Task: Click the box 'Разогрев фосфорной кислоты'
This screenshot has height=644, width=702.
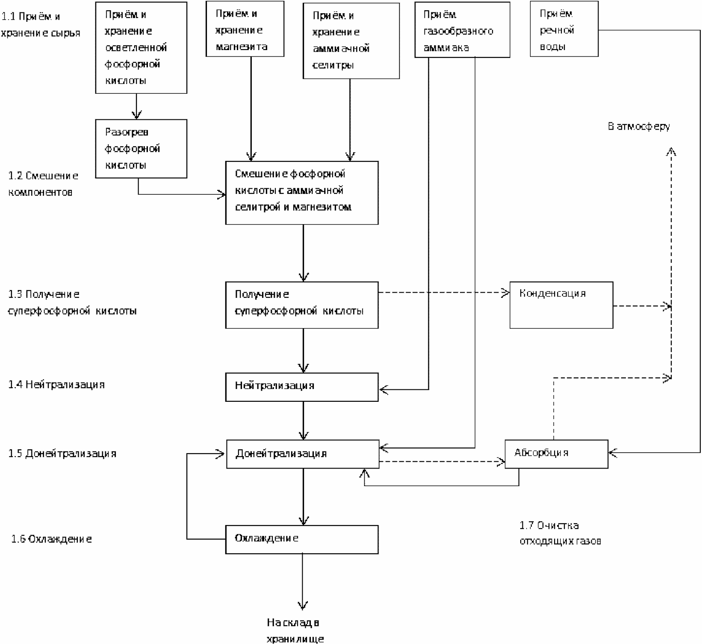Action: (x=141, y=148)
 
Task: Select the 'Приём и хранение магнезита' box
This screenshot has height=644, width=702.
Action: (x=245, y=29)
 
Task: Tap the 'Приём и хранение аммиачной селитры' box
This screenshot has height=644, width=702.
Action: (x=351, y=41)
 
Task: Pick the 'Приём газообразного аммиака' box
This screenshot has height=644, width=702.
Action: (x=462, y=30)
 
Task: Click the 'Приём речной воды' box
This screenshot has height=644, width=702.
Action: (x=564, y=29)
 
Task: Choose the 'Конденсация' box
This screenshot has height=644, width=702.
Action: (x=561, y=305)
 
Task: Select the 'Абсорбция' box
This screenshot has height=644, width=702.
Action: (x=556, y=454)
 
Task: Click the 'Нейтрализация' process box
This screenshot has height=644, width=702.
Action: (x=302, y=387)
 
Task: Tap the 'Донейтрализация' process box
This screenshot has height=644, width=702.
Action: (x=303, y=454)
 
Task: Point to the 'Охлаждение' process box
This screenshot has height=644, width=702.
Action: (x=302, y=540)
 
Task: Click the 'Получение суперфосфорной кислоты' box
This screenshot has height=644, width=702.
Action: (x=302, y=305)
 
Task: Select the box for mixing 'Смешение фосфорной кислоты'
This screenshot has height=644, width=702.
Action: (x=302, y=193)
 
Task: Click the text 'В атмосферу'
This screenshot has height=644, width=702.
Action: (x=639, y=127)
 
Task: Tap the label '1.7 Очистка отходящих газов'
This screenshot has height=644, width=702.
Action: (x=560, y=533)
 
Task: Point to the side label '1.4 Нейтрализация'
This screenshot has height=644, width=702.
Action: (x=56, y=385)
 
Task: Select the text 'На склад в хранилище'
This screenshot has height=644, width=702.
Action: (x=295, y=629)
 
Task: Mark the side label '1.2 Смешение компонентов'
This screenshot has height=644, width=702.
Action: (x=43, y=184)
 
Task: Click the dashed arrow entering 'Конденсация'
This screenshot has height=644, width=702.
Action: (x=444, y=293)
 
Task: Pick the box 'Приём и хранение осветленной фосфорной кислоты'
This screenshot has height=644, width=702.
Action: (x=141, y=47)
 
